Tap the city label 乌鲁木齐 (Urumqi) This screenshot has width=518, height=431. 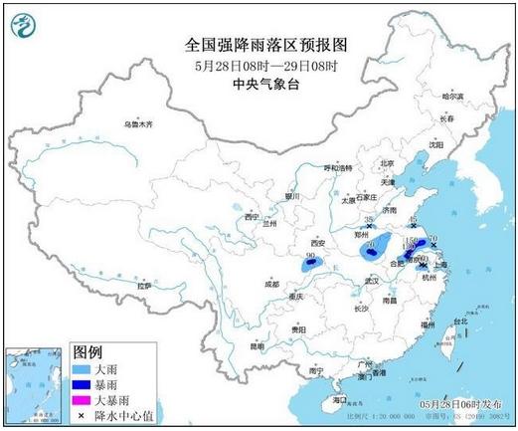click(x=138, y=125)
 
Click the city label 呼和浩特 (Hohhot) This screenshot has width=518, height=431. click(x=339, y=168)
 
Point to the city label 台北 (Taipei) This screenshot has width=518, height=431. click(x=458, y=322)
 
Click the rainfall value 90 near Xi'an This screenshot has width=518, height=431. click(x=311, y=257)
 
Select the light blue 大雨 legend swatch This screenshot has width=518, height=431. click(x=85, y=368)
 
